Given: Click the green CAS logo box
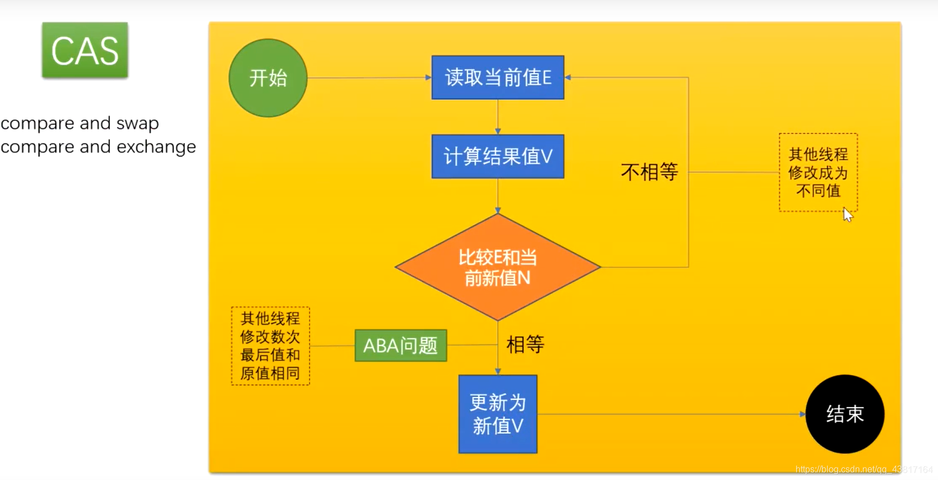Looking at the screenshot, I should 85,50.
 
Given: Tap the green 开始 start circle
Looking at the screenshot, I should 268,78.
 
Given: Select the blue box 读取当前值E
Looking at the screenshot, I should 498,77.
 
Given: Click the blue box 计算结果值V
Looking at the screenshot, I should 498,156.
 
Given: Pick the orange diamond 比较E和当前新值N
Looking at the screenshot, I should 498,267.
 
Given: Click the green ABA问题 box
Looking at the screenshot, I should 400,345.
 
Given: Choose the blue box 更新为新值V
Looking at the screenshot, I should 498,414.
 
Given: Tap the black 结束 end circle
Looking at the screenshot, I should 844,414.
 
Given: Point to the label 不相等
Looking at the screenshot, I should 649,172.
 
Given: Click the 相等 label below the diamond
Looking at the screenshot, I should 525,344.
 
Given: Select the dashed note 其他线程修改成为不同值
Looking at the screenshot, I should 818,172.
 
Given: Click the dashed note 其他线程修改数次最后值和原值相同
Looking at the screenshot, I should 270,345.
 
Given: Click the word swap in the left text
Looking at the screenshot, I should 137,123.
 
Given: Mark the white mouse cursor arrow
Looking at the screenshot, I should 847,215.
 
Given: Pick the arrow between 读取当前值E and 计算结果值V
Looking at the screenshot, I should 498,117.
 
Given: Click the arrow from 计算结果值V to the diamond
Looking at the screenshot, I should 498,196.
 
